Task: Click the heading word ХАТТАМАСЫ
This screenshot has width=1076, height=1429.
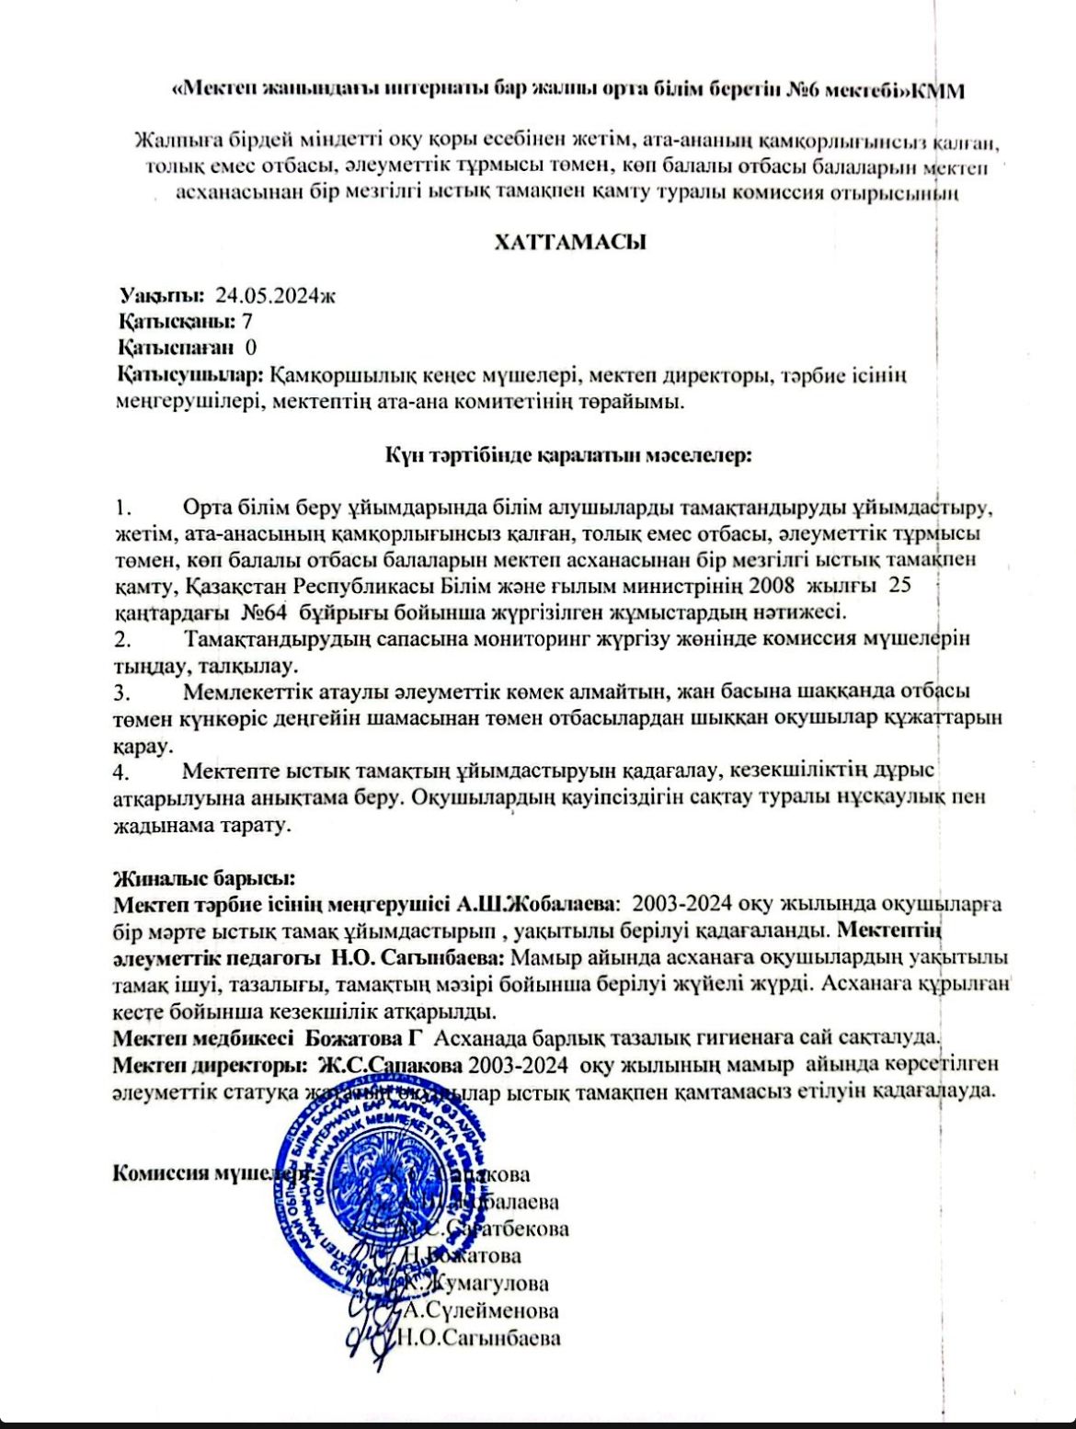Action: click(x=570, y=242)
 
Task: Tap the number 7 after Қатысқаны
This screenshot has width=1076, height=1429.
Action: click(x=246, y=321)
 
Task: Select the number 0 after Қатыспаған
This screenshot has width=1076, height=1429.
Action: click(x=251, y=348)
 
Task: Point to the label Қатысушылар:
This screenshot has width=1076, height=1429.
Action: click(x=191, y=375)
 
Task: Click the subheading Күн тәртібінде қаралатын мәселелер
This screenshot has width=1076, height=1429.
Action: click(x=568, y=454)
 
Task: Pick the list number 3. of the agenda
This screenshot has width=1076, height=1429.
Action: click(x=123, y=691)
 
